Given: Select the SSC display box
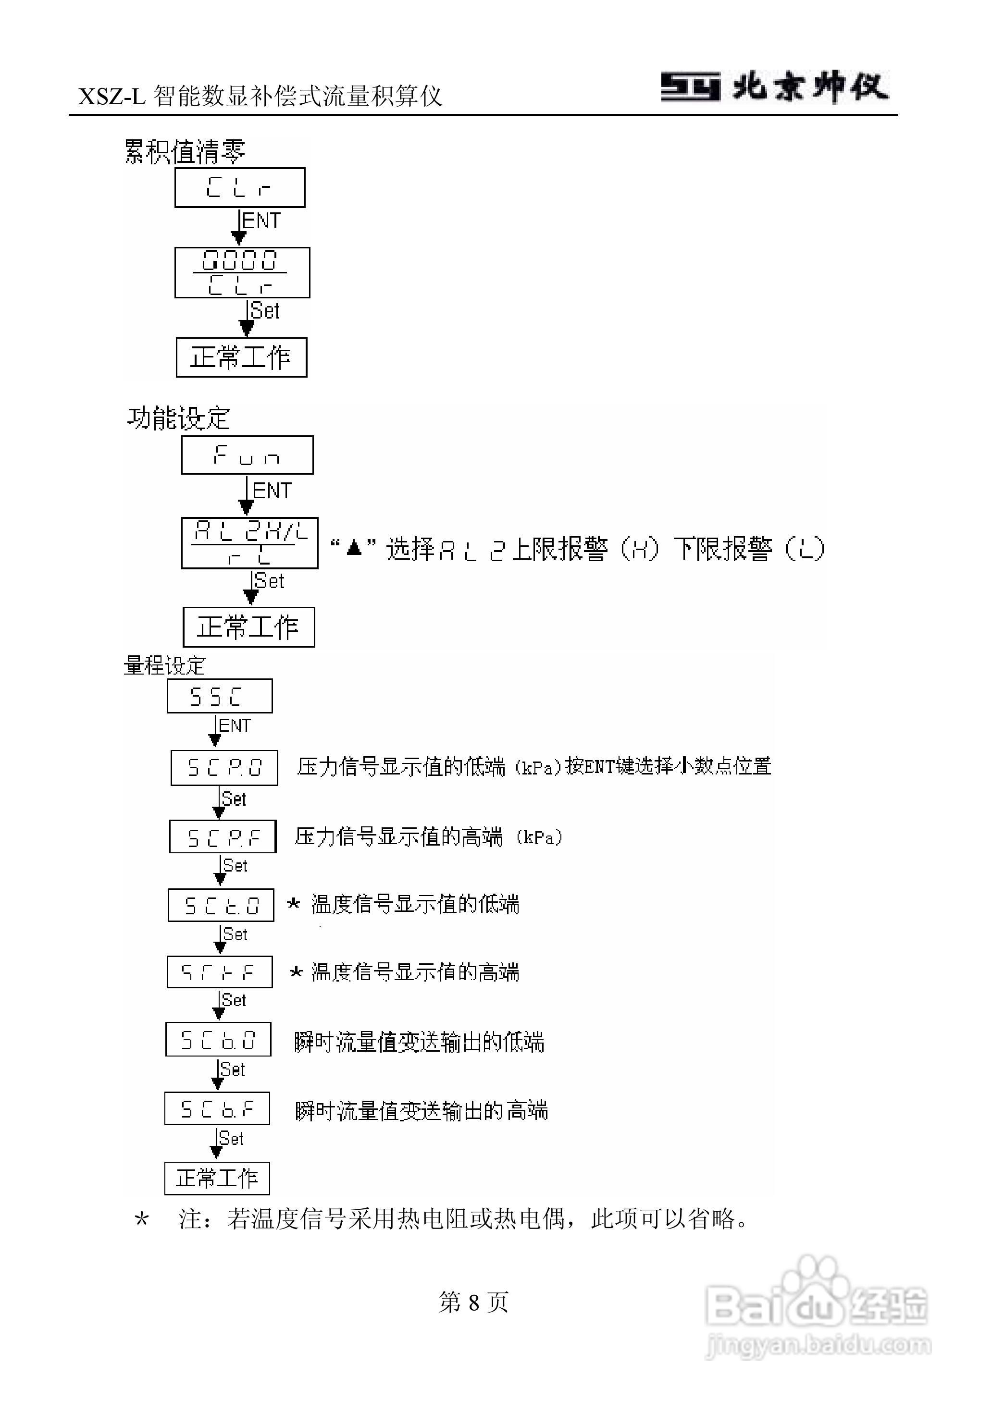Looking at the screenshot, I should point(219,696).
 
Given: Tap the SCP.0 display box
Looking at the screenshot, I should point(223,767).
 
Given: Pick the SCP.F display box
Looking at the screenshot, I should point(223,836).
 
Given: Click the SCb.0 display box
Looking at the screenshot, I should point(218,1039).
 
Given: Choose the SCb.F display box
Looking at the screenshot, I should point(217,1108).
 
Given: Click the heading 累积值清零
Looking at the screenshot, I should point(185,151).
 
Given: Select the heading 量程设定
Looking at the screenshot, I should point(164,665).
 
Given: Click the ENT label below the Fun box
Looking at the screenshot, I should point(272,490).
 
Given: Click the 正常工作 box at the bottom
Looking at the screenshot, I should point(217,1178).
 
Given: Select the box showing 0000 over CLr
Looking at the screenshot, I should point(242,272).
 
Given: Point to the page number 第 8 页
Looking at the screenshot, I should point(473,1302).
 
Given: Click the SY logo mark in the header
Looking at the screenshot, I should point(691,86).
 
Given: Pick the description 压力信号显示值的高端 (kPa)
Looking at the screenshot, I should point(428,836).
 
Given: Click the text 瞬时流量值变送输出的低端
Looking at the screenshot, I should point(419,1042).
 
